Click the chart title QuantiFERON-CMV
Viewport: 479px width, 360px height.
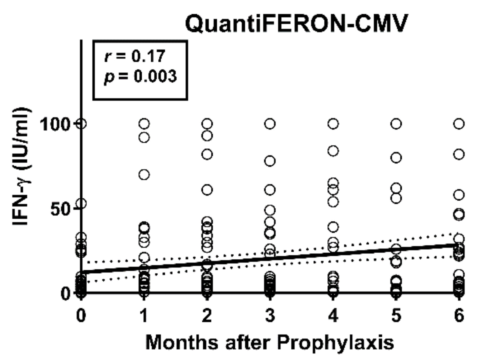click(296, 24)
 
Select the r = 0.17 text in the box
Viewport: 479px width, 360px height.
click(135, 56)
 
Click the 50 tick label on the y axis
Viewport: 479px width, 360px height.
click(60, 209)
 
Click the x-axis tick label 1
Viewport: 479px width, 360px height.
click(144, 315)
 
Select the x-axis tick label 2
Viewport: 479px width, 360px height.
click(207, 315)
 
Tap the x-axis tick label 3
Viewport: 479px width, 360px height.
click(270, 315)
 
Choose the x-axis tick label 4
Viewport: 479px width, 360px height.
click(333, 315)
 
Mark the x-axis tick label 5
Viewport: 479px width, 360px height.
click(396, 315)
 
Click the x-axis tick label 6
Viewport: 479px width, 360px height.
click(459, 315)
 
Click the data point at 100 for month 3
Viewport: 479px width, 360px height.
click(270, 124)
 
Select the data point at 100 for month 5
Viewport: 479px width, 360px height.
click(396, 124)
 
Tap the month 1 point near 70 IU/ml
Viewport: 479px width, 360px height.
click(144, 175)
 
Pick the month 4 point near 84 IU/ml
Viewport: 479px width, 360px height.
click(333, 151)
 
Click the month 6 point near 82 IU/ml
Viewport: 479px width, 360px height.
click(459, 154)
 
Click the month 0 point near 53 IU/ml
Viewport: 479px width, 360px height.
click(81, 204)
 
